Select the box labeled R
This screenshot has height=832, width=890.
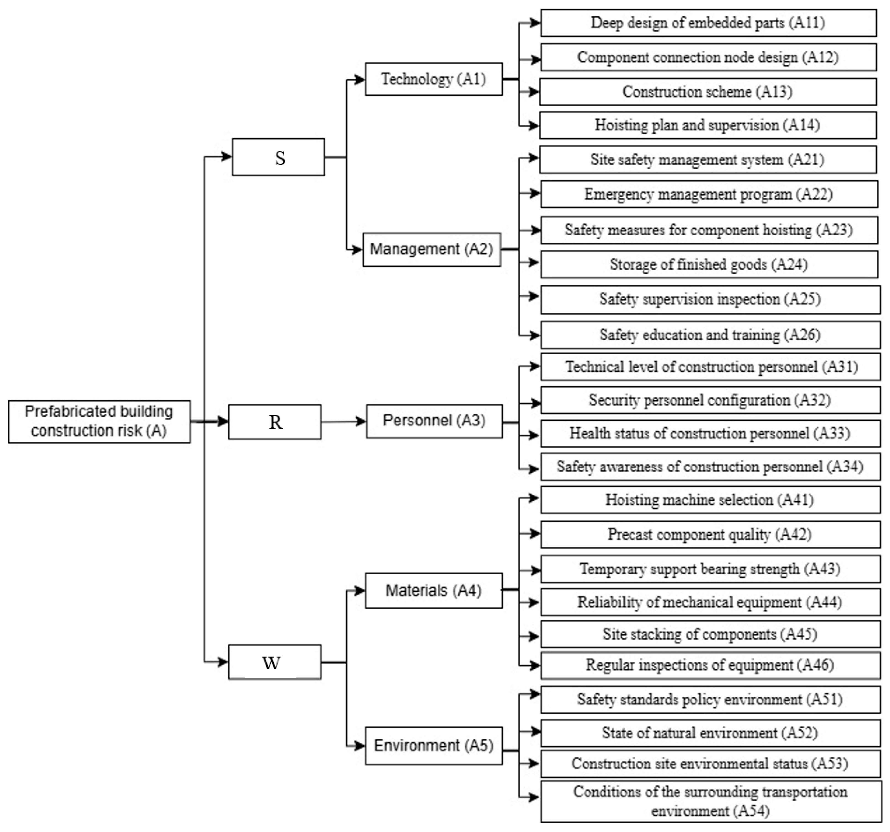click(x=274, y=422)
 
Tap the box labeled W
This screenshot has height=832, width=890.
click(x=274, y=662)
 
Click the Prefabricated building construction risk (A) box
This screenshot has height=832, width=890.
click(x=99, y=422)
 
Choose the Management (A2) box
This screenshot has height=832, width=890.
click(x=432, y=249)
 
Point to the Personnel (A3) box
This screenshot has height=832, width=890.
click(x=434, y=421)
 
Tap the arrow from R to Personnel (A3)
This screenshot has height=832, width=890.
click(x=343, y=422)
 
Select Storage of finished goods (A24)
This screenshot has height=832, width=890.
click(x=709, y=265)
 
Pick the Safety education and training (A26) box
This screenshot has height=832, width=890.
click(x=710, y=335)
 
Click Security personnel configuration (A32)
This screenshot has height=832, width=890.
click(x=710, y=400)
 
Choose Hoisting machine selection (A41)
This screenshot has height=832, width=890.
click(x=710, y=500)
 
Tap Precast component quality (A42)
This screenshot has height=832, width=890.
click(x=710, y=534)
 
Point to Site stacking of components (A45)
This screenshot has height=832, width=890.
click(x=710, y=634)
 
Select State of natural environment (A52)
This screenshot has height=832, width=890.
click(x=710, y=733)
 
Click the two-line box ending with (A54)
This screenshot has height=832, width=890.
click(x=710, y=801)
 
